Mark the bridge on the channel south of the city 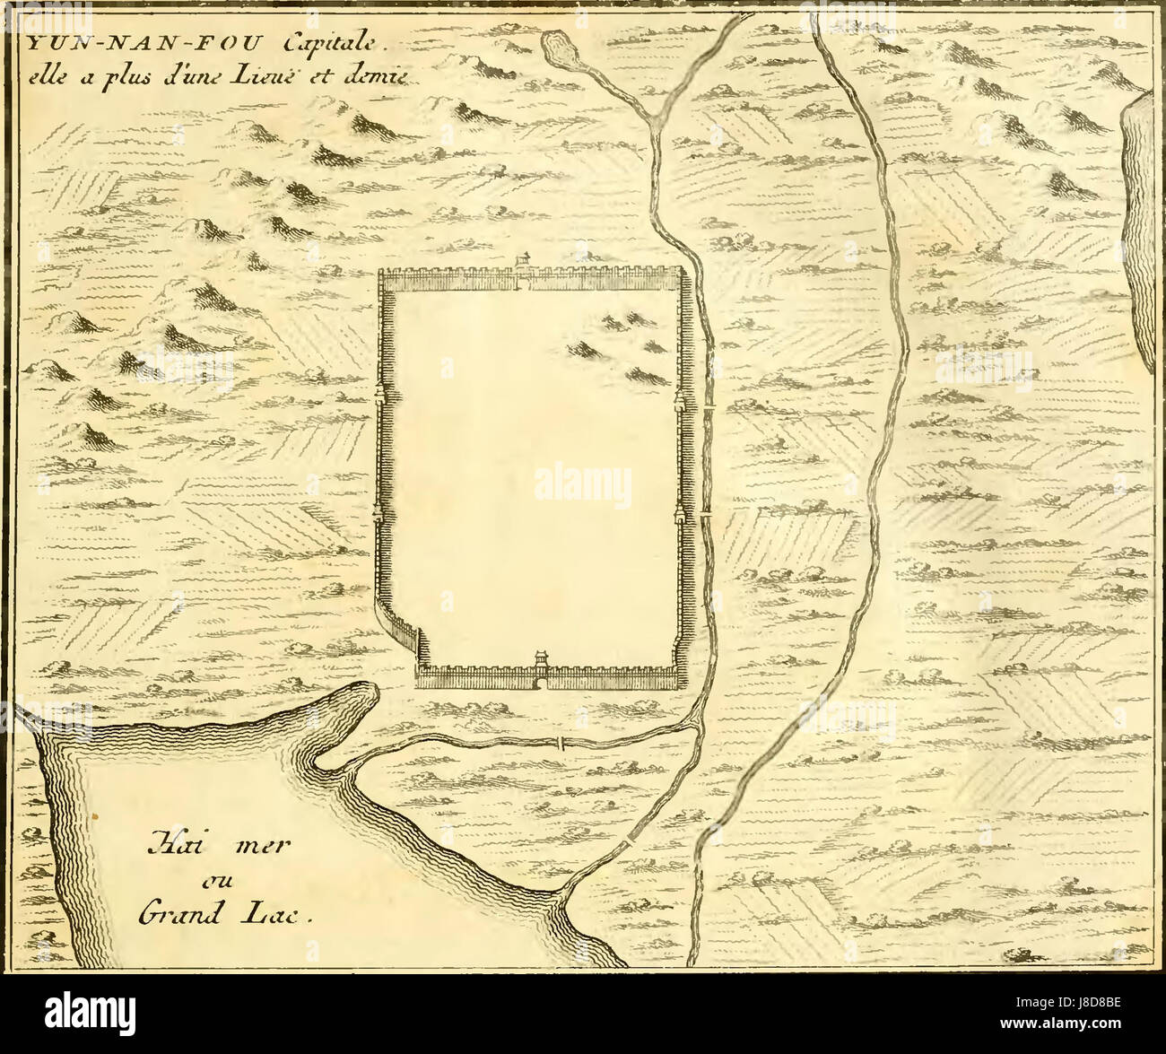point(560,743)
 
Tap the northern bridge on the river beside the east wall point(708,411)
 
